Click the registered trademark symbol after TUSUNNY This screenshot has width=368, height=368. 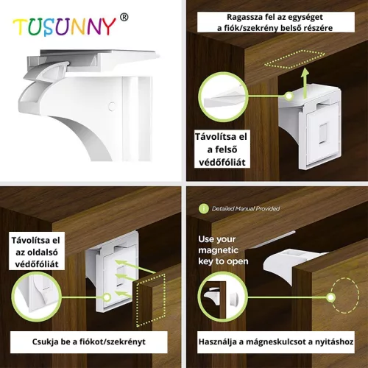click(124, 17)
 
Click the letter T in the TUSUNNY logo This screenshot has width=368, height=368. click(20, 27)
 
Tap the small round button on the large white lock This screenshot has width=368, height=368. click(112, 107)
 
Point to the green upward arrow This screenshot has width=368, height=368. click(305, 83)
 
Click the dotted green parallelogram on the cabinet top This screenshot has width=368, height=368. click(294, 59)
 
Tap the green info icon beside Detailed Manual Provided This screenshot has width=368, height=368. click(203, 209)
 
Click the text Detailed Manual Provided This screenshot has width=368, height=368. click(246, 209)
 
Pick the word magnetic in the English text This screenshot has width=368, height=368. click(218, 250)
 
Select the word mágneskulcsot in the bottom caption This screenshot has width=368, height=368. click(277, 342)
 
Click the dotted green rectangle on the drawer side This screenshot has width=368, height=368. click(150, 300)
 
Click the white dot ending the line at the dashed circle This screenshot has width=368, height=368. click(331, 297)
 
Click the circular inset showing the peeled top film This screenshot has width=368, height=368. click(223, 97)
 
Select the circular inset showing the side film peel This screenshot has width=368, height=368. click(37, 297)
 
